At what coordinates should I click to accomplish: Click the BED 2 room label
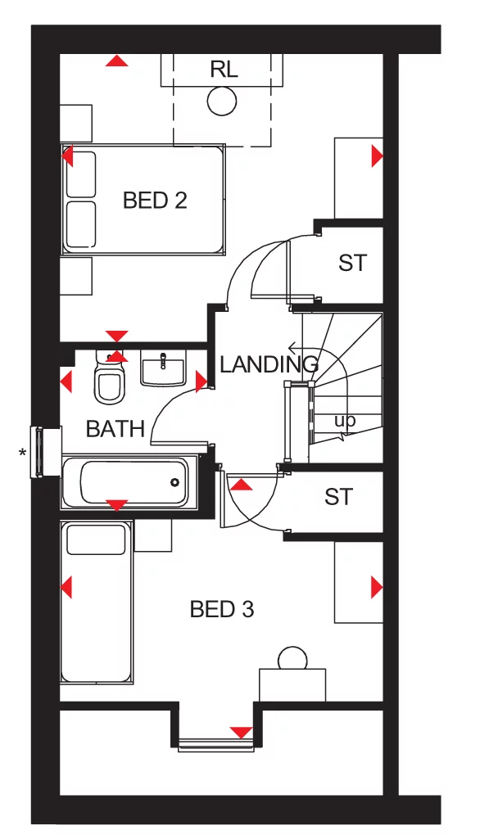155,200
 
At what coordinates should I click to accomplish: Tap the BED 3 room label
221,609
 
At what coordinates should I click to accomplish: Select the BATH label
115,428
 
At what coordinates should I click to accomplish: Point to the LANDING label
268,364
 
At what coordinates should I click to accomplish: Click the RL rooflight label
223,70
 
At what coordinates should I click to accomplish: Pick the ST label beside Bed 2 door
352,264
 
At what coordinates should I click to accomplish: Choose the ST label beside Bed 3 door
338,497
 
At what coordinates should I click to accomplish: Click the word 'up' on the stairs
345,421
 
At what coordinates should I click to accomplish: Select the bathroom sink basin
163,369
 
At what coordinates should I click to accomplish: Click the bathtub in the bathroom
125,482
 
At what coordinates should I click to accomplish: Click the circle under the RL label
221,102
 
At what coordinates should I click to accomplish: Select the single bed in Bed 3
97,603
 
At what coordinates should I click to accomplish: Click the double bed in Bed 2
143,200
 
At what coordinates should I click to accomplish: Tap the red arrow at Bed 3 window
241,732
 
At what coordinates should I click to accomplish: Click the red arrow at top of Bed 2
118,61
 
